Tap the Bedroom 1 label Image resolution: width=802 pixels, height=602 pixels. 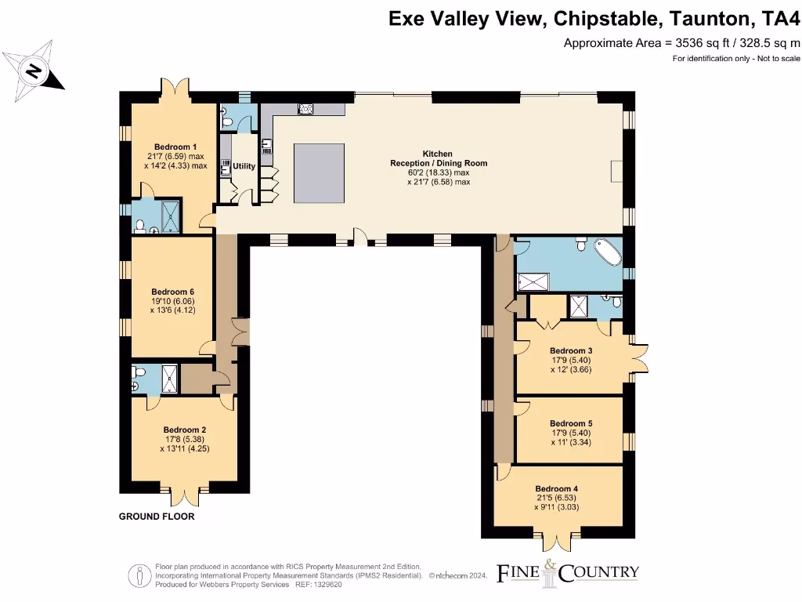[175, 147]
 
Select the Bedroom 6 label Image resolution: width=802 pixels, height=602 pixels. [172, 292]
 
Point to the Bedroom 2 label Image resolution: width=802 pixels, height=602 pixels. [185, 430]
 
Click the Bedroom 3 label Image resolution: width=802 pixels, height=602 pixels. [570, 350]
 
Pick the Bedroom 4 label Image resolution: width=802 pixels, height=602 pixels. [556, 488]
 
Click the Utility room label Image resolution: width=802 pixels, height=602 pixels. [244, 166]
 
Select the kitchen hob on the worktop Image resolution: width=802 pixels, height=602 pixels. [305, 109]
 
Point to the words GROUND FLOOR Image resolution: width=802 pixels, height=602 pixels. [157, 517]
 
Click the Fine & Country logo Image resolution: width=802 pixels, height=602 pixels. [568, 572]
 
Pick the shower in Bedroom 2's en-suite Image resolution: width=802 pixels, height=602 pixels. [171, 379]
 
